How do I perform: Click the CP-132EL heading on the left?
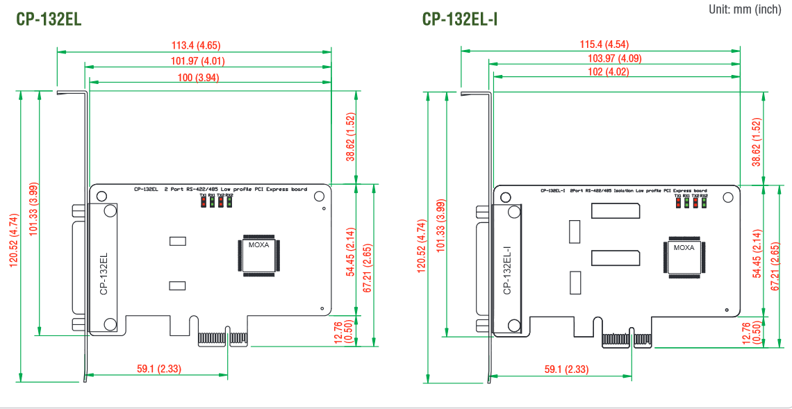(49, 19)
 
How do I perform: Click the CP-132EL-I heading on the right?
(460, 19)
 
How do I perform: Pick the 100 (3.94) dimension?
(198, 77)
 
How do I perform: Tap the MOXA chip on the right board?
(684, 257)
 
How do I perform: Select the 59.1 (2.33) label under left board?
(159, 369)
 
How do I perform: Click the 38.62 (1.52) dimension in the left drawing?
(351, 137)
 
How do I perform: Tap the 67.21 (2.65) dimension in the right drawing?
(775, 267)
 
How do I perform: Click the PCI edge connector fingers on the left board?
(213, 338)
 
